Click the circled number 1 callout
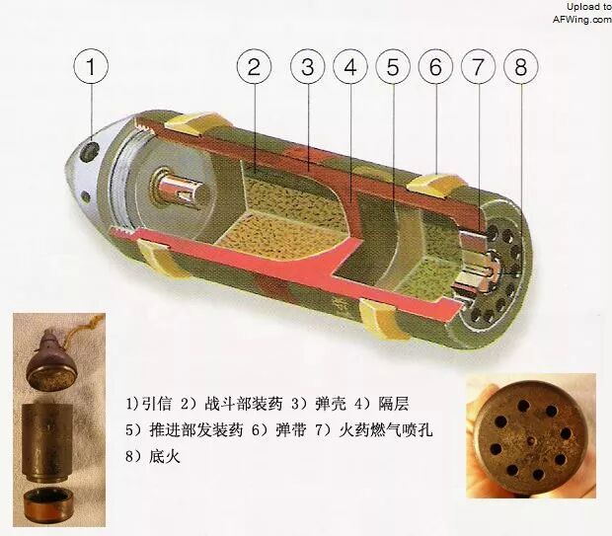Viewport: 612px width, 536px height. coord(91,66)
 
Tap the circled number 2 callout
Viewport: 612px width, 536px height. coord(254,66)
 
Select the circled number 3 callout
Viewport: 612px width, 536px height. coord(308,66)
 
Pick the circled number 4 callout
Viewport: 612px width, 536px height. coord(350,66)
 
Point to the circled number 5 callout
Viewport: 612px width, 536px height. coord(393,66)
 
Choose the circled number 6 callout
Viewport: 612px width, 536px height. coord(435,66)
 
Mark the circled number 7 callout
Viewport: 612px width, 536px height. coord(478,66)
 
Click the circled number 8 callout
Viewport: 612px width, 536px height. coord(521,66)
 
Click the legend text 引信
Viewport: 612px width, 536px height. coord(156,404)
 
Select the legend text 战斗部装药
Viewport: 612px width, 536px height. coord(244,404)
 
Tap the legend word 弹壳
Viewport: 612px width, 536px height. coord(331,404)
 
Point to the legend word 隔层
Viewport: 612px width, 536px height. coord(394,404)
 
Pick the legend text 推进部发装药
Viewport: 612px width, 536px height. coord(195,429)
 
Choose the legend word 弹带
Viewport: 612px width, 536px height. coord(291,429)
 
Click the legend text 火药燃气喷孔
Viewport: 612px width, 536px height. coord(386,429)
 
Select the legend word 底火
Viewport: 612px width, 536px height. coord(165,456)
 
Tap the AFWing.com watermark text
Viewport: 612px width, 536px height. coord(582,19)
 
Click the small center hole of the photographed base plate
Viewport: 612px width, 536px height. coord(530,441)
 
